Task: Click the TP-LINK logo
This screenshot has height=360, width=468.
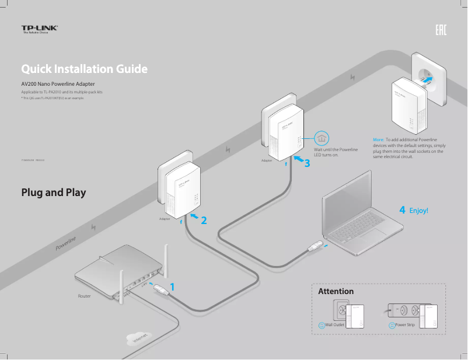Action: coord(40,29)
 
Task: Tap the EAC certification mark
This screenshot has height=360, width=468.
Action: coord(441,30)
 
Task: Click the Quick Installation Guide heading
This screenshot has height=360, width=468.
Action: coord(84,69)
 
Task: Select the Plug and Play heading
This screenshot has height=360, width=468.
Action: coord(53,192)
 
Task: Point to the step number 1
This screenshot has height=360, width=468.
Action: coord(172,286)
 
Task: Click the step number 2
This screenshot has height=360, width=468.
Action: coord(204,221)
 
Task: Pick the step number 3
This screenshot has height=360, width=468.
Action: coord(308,164)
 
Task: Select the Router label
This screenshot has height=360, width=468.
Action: coord(85,296)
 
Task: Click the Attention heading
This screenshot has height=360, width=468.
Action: coord(336,291)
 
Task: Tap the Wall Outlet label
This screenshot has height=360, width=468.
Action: coord(334,324)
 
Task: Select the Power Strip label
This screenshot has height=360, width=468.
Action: coord(404,324)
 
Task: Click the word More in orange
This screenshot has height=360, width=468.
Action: coord(378,139)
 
